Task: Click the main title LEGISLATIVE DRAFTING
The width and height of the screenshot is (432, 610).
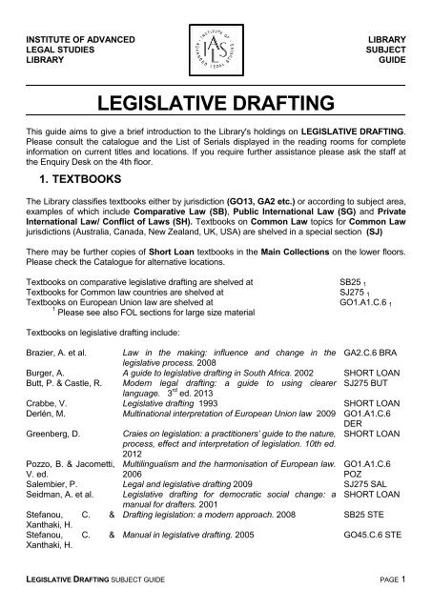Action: point(216,102)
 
